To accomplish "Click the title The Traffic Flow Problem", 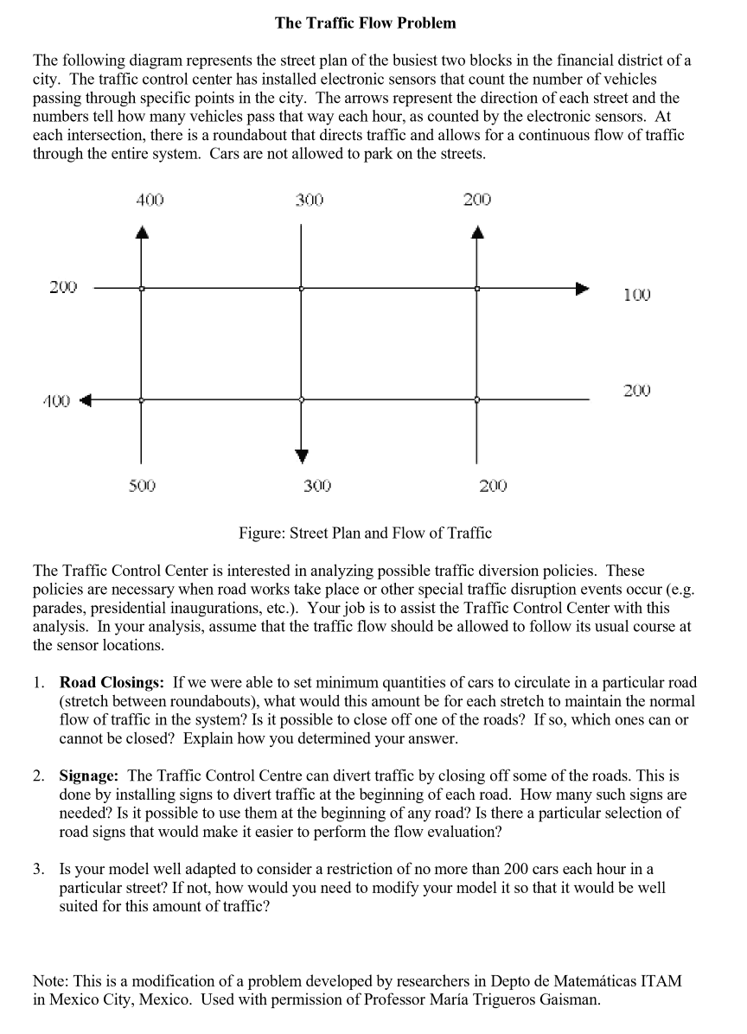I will tap(365, 23).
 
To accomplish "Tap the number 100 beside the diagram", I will tap(636, 296).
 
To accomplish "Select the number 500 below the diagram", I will tap(142, 486).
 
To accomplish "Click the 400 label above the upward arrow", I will tap(150, 200).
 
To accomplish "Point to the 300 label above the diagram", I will tap(309, 200).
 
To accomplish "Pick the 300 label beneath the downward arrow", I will tap(317, 486).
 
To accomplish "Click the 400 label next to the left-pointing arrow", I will tap(57, 400).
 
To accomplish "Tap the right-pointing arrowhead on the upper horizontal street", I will tap(584, 288).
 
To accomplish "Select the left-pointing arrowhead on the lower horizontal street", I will tap(86, 400).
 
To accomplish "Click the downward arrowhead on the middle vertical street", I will tap(301, 456).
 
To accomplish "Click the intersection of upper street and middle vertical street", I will tap(301, 288).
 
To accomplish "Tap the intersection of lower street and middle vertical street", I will tap(301, 399).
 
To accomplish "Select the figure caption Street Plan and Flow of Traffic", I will tap(365, 533).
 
